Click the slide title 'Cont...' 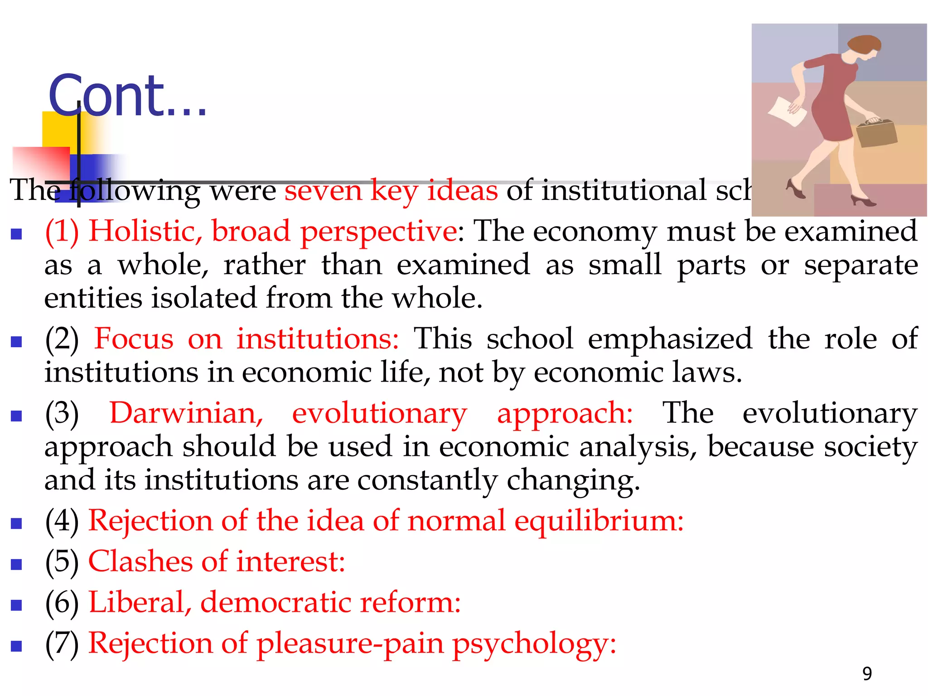[127, 96]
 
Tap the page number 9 [867, 674]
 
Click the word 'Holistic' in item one [145, 231]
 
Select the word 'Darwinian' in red [186, 413]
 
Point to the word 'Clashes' [140, 561]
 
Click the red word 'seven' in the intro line [323, 190]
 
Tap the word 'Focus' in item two [134, 339]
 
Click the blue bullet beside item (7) [16, 646]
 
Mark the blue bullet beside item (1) [16, 234]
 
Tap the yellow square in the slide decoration [59, 129]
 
